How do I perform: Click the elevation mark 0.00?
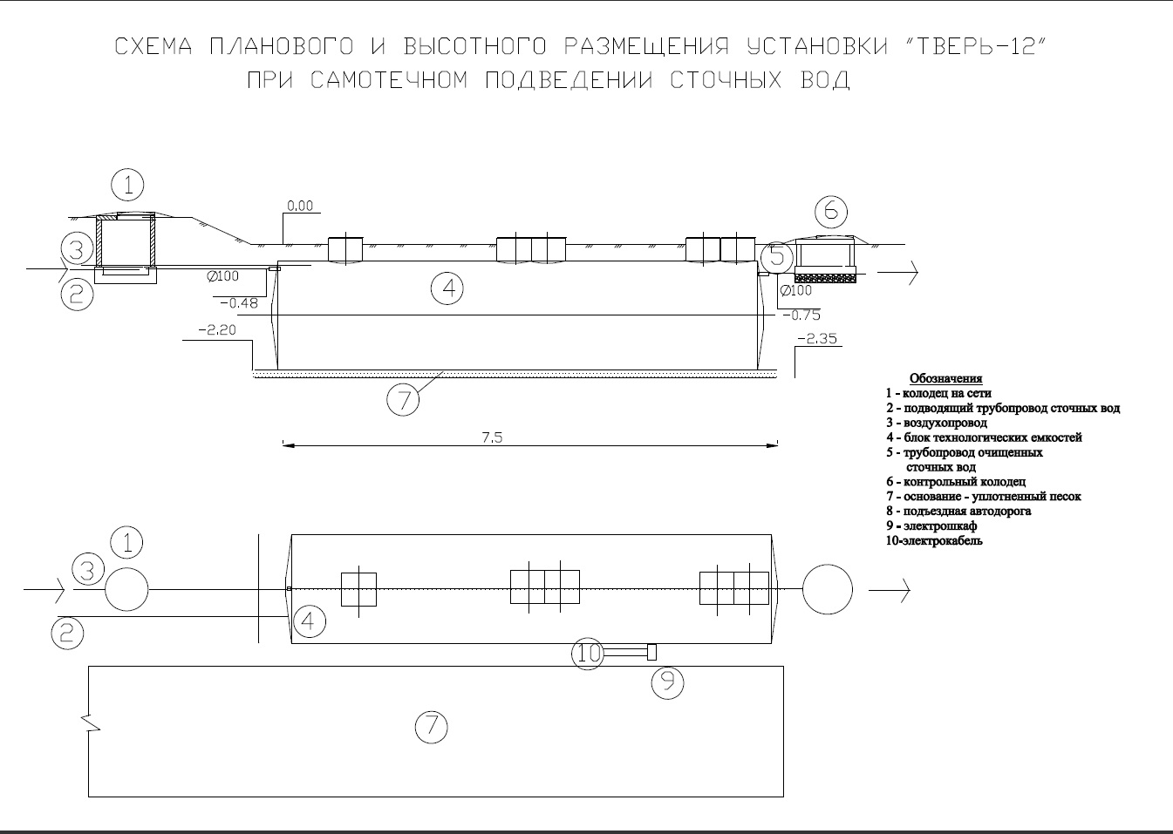tap(300, 206)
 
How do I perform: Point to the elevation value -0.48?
tap(239, 303)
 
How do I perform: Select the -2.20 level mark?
tap(217, 330)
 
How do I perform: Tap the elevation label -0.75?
tap(801, 315)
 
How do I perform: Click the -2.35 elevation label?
tap(817, 339)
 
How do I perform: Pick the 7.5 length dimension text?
tap(492, 437)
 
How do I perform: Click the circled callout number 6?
tap(831, 212)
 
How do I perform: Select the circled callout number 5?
tap(777, 257)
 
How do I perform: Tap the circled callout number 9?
tap(668, 682)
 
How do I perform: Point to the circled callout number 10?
tap(587, 653)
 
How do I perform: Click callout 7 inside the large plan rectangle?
tap(432, 728)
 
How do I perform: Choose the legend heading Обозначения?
tap(945, 378)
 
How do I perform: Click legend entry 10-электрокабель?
tap(934, 541)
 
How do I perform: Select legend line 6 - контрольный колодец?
tap(956, 482)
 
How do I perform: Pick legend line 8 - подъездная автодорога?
tap(958, 512)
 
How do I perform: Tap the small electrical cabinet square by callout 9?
tap(652, 653)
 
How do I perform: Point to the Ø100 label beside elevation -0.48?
tap(222, 276)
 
